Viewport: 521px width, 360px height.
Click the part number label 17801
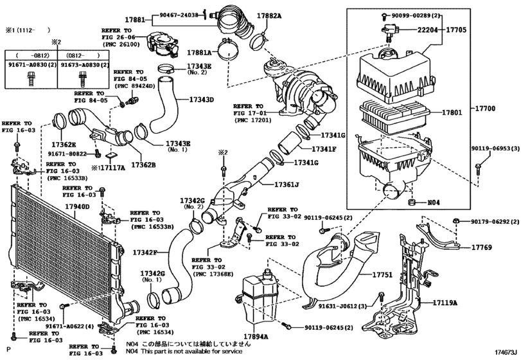click(452, 113)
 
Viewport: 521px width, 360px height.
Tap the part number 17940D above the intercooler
click(77, 207)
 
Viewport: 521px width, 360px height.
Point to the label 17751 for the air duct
click(382, 275)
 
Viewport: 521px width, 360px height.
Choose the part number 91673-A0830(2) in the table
click(85, 65)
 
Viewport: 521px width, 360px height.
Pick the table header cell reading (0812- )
click(83, 55)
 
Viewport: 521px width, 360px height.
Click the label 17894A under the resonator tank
click(256, 336)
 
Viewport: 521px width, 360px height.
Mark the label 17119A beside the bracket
click(445, 303)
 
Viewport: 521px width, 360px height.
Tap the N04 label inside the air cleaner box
click(433, 202)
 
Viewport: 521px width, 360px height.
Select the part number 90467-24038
click(179, 15)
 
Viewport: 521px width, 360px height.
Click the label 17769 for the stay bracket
click(482, 248)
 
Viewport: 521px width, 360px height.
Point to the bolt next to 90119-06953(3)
click(477, 168)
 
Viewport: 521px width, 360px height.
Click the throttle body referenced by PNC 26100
click(162, 44)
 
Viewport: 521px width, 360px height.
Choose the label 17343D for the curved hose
click(201, 100)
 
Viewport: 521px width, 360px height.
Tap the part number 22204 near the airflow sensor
click(428, 30)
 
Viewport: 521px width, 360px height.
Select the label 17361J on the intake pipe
click(287, 184)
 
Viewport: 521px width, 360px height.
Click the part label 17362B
click(143, 165)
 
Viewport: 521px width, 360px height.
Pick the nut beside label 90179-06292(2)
click(457, 221)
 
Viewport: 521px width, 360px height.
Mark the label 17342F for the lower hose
click(145, 253)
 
